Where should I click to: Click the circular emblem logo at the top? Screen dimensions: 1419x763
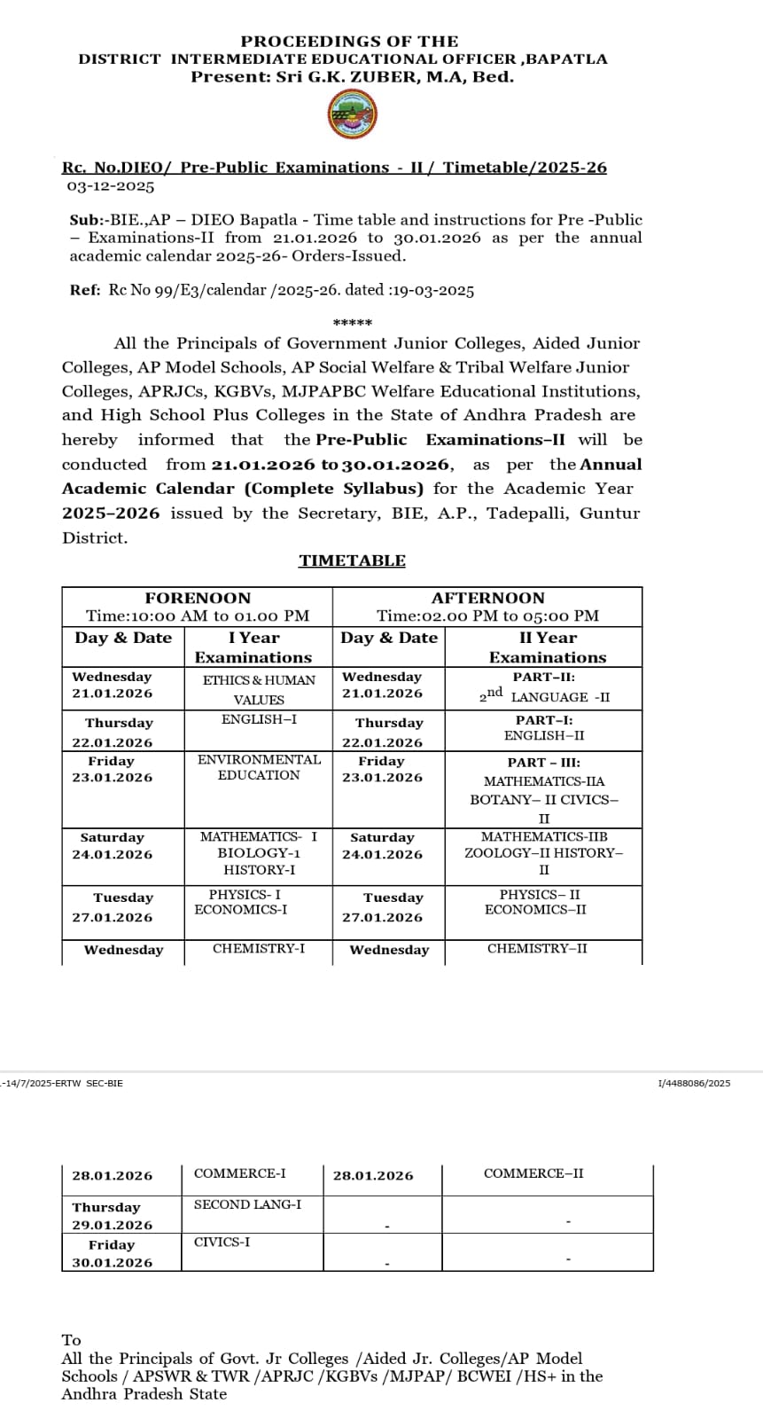[x=353, y=116]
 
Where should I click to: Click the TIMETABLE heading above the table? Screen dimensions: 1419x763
[x=352, y=561]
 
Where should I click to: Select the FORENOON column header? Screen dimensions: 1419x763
[x=198, y=599]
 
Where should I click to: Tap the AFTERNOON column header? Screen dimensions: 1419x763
[x=487, y=599]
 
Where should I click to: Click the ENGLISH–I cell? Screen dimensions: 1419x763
[x=259, y=719]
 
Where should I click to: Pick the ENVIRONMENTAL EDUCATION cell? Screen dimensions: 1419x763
[x=259, y=767]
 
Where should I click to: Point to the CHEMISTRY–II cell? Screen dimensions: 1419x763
[x=537, y=949]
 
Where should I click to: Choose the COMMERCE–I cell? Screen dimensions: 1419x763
[x=240, y=1173]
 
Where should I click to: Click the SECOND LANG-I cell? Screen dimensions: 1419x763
[x=247, y=1204]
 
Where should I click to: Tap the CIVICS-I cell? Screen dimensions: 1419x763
[x=222, y=1242]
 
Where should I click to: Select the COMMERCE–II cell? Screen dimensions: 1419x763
[x=533, y=1173]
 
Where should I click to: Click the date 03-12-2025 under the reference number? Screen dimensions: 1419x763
[x=111, y=186]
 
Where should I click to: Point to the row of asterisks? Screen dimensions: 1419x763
[x=352, y=323]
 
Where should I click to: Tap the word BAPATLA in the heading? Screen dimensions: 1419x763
[x=567, y=59]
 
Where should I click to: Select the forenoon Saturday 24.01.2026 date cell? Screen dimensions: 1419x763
[x=113, y=846]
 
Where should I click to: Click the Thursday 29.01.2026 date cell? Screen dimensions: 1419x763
[x=112, y=1216]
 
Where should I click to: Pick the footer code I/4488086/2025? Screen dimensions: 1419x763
[x=694, y=1083]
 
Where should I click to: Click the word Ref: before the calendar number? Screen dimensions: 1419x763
[x=85, y=290]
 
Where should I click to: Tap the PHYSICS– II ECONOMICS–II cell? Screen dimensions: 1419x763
[x=540, y=902]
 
